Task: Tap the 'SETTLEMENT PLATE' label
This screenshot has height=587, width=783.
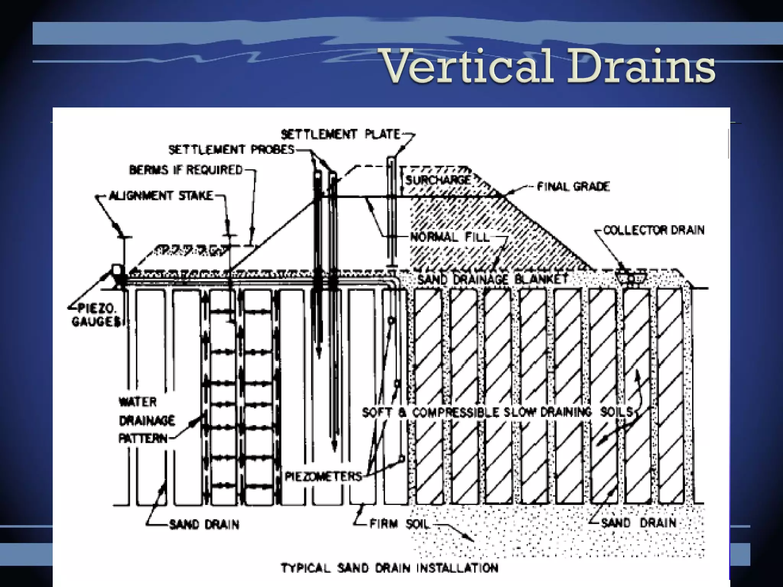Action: click(x=341, y=135)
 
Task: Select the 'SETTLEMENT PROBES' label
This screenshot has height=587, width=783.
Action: click(x=232, y=150)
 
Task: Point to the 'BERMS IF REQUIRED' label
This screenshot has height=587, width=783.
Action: click(x=186, y=170)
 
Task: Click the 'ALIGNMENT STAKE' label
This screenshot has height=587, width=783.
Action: click(x=161, y=196)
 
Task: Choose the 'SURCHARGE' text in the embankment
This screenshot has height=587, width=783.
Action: click(x=438, y=180)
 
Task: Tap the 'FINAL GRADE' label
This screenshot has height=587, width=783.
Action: click(x=573, y=186)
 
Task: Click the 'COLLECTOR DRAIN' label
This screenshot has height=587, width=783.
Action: click(x=654, y=230)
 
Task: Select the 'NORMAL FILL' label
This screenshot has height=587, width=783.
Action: click(x=450, y=237)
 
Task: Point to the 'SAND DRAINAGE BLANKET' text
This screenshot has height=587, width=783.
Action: click(x=493, y=279)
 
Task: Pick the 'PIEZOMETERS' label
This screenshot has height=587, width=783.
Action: click(x=323, y=477)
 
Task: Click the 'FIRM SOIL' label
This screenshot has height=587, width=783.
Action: click(x=399, y=524)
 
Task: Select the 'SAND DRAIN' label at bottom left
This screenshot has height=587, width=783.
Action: click(x=204, y=524)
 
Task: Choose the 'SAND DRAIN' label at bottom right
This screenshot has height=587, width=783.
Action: click(x=638, y=523)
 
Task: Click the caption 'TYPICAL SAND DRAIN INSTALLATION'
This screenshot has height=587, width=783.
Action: click(x=390, y=568)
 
